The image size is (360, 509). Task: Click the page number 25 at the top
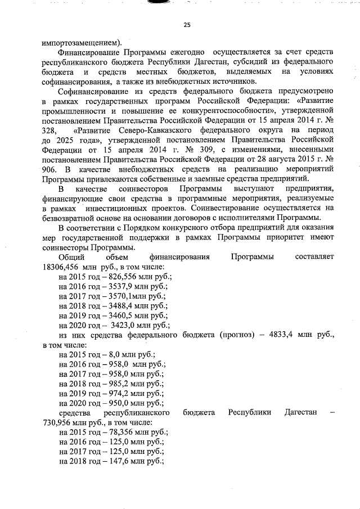tap(187, 24)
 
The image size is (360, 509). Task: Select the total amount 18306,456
tap(61, 267)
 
